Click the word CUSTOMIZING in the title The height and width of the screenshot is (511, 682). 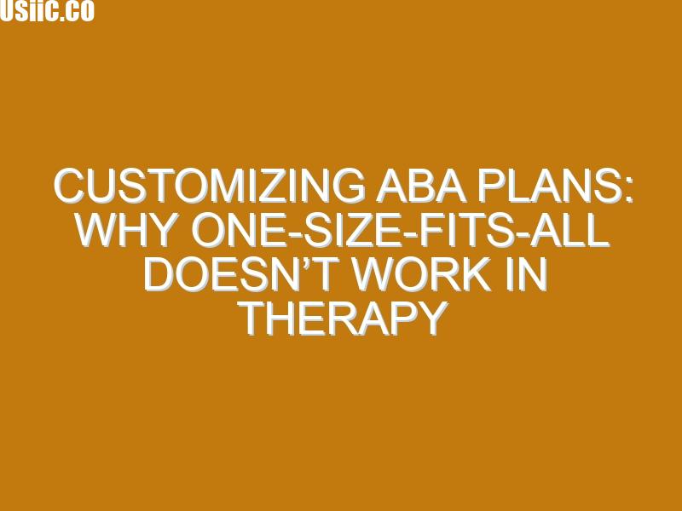click(x=209, y=186)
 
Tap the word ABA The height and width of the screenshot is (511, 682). click(x=421, y=186)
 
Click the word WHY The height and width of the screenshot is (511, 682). click(x=126, y=230)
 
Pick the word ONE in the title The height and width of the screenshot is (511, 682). click(x=236, y=230)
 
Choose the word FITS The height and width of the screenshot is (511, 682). click(x=465, y=230)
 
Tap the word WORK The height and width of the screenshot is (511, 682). click(x=421, y=274)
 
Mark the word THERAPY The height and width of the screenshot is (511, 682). click(x=343, y=319)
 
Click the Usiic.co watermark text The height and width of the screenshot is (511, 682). click(x=47, y=10)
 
